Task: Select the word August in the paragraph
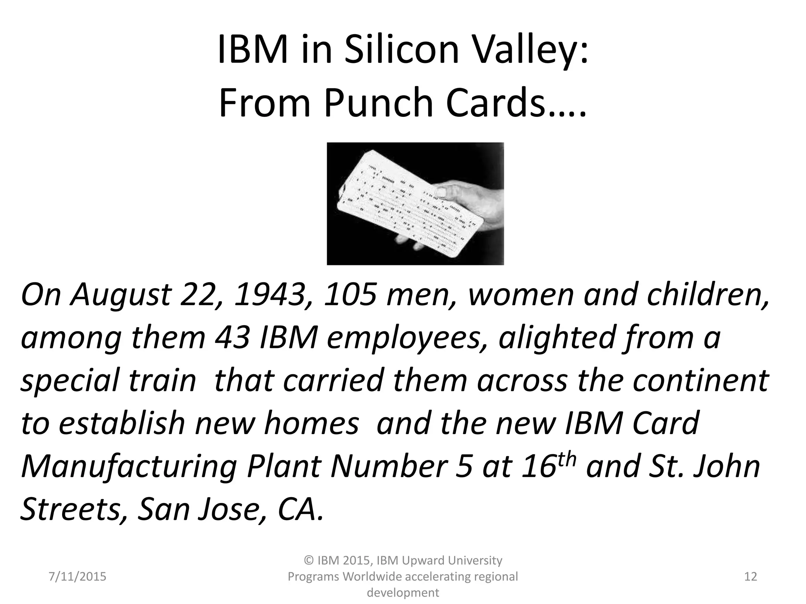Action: pyautogui.click(x=120, y=296)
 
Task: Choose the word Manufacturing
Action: pyautogui.click(x=128, y=467)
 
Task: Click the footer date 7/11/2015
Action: pyautogui.click(x=78, y=576)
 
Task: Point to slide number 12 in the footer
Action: pyautogui.click(x=751, y=576)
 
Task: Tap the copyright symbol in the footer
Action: pyautogui.click(x=309, y=560)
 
